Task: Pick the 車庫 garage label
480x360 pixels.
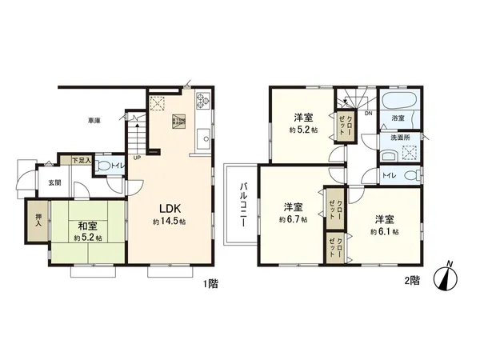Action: (94, 121)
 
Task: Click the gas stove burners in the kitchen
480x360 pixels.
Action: (202, 102)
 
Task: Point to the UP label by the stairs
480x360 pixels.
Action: (138, 158)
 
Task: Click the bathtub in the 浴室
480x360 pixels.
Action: (398, 103)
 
